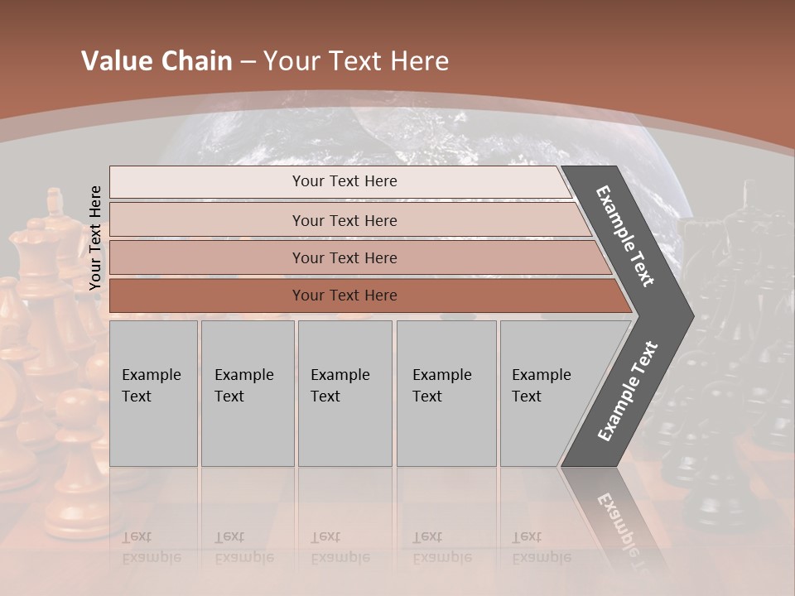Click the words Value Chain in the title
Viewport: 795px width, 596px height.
(157, 61)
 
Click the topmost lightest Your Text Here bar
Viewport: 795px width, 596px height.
(344, 181)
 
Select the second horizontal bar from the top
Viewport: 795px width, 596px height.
(344, 220)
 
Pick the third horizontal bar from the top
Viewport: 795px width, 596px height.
(344, 257)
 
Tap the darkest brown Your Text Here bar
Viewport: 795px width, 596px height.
(344, 296)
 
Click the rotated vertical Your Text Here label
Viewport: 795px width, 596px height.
(95, 238)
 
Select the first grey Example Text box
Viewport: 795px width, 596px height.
(153, 393)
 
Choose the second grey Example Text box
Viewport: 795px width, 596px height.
(247, 393)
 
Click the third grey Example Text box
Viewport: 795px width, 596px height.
(344, 393)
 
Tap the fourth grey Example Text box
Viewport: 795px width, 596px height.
(446, 393)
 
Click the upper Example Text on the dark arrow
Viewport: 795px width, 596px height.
(626, 236)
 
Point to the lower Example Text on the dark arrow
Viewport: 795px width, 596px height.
(627, 392)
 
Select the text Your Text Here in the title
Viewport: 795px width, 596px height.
(356, 61)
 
